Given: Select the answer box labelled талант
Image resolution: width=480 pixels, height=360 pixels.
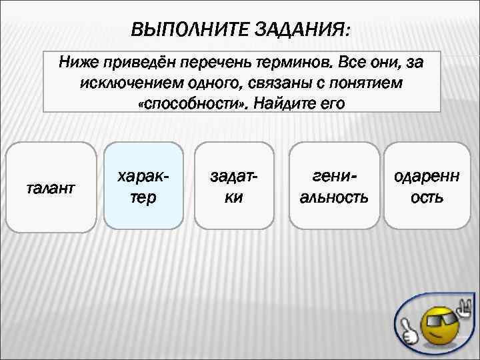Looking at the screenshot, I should click(x=50, y=187).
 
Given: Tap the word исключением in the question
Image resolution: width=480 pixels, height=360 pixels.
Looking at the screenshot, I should click(x=119, y=84).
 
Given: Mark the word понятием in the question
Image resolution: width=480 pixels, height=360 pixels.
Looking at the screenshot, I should click(x=373, y=84).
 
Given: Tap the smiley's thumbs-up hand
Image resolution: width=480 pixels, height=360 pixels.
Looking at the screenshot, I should click(x=409, y=329).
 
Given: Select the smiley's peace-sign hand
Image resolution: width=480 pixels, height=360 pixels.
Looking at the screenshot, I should click(x=464, y=309).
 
